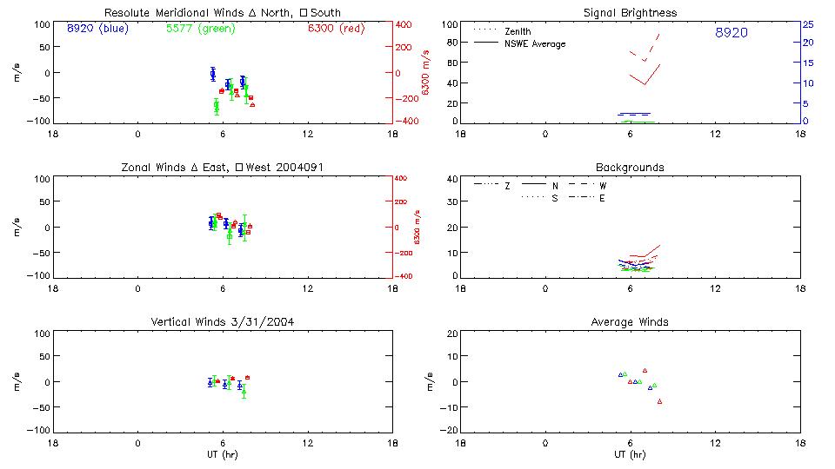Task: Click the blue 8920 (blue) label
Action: (97, 29)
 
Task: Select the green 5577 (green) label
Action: (200, 29)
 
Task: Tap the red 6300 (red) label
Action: (336, 29)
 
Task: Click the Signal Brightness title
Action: (631, 13)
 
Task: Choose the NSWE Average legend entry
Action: (532, 43)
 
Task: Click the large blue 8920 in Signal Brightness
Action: (731, 33)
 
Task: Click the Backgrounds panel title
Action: (631, 167)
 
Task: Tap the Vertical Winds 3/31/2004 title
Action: (223, 322)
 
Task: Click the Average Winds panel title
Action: (631, 322)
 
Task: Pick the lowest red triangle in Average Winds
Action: (660, 401)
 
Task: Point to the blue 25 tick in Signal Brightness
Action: (807, 24)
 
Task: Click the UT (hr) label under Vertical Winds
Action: (223, 455)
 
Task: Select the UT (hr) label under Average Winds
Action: (631, 455)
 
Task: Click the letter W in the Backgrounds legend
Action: (603, 186)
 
